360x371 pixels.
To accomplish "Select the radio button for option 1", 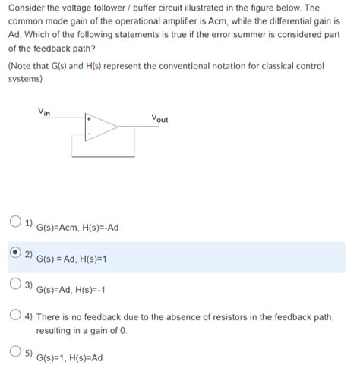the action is (x=15, y=222).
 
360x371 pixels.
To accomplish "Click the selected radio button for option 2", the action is (x=15, y=253).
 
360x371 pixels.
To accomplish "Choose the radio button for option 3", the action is (x=15, y=285).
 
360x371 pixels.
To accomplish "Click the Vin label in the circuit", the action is (x=45, y=112).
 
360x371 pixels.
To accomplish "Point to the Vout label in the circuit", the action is (x=159, y=118).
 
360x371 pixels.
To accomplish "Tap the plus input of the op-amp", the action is (x=89, y=120).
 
